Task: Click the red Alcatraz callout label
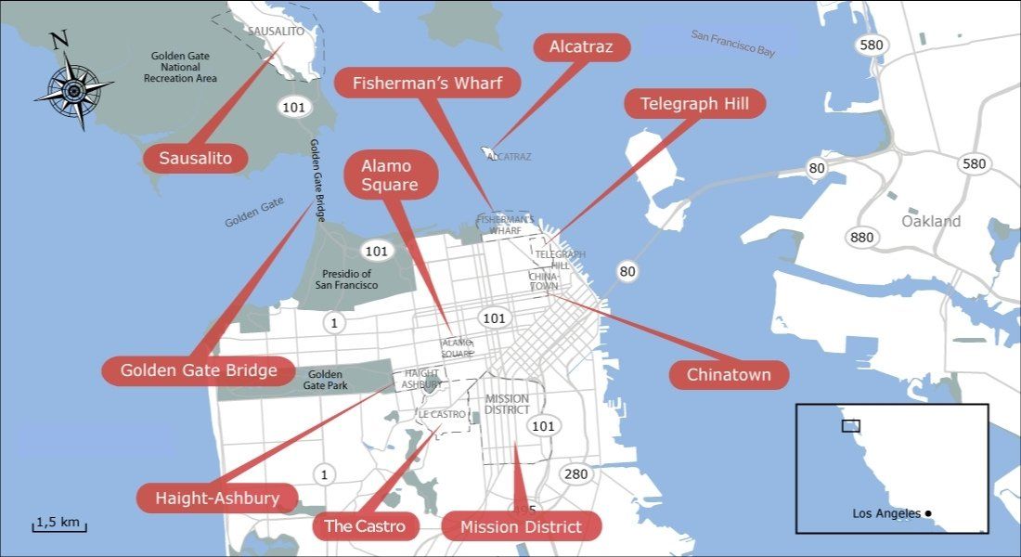(x=582, y=46)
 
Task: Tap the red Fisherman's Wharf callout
(x=427, y=84)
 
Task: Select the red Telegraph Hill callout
(x=694, y=103)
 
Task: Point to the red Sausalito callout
(x=196, y=158)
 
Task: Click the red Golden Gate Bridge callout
(x=199, y=370)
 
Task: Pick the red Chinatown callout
(x=729, y=375)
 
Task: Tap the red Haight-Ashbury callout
(x=218, y=498)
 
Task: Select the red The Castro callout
(x=365, y=526)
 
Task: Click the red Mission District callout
(x=521, y=526)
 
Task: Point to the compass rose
(x=73, y=88)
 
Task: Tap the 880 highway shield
(x=862, y=238)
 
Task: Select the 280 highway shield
(x=575, y=474)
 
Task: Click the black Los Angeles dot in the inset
(x=927, y=513)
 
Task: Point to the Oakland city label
(x=931, y=222)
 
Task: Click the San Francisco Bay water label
(x=732, y=43)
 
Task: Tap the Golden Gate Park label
(x=323, y=379)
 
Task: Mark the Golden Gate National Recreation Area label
(x=180, y=67)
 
